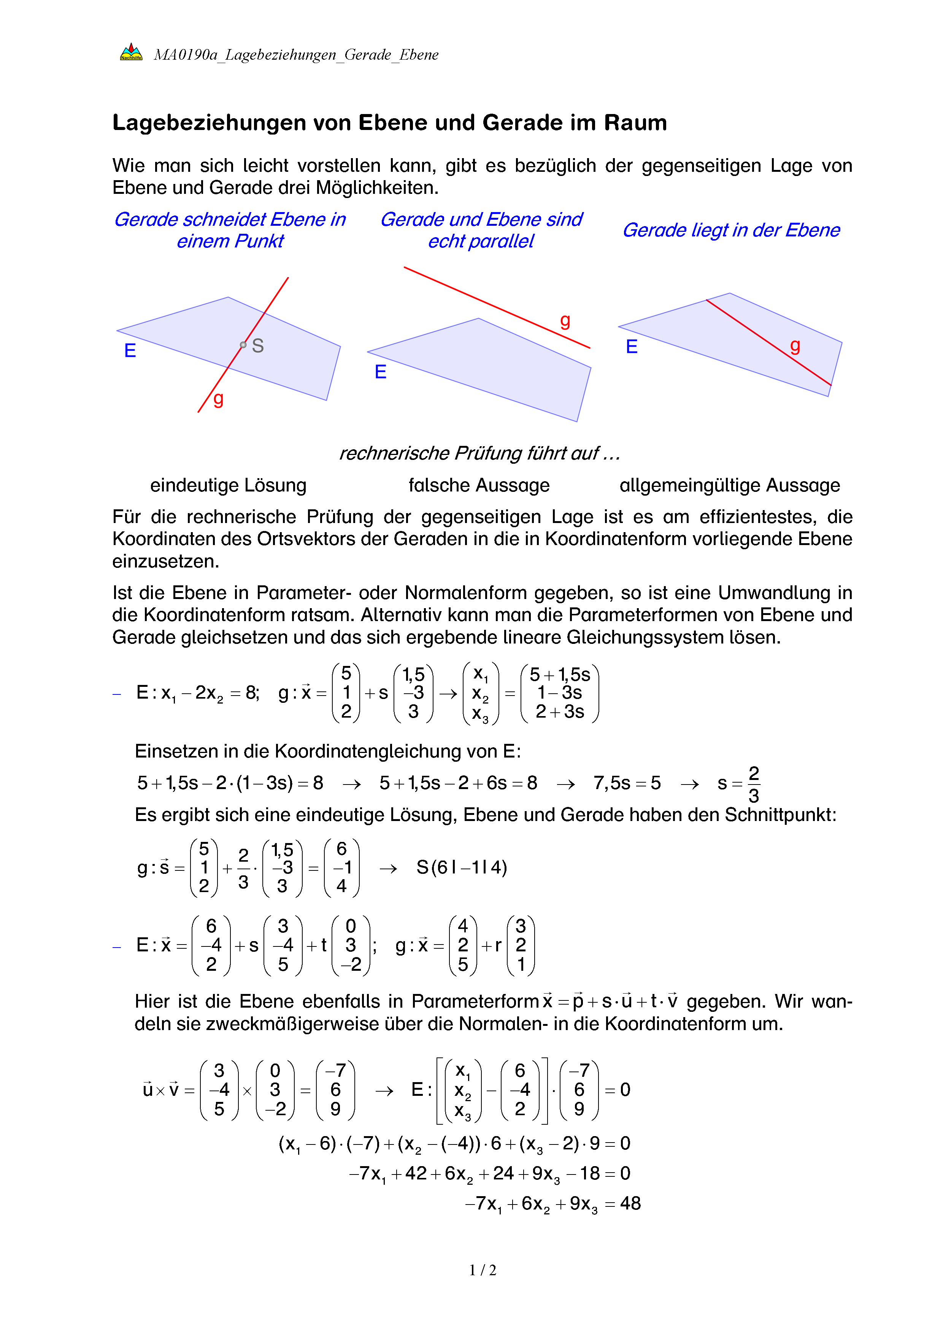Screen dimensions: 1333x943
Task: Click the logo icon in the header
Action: (131, 52)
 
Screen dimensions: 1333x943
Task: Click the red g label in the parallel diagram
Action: (564, 320)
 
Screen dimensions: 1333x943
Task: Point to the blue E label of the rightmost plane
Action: (631, 347)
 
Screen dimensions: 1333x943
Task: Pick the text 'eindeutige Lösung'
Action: (228, 485)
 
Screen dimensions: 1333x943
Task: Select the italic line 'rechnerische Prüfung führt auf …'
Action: (479, 453)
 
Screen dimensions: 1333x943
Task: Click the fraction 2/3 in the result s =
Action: (753, 784)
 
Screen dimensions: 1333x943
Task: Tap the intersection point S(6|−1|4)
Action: (462, 867)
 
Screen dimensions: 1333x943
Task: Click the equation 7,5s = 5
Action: (627, 783)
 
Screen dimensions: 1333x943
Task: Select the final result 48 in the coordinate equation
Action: (630, 1203)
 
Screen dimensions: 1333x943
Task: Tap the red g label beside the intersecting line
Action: (218, 398)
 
